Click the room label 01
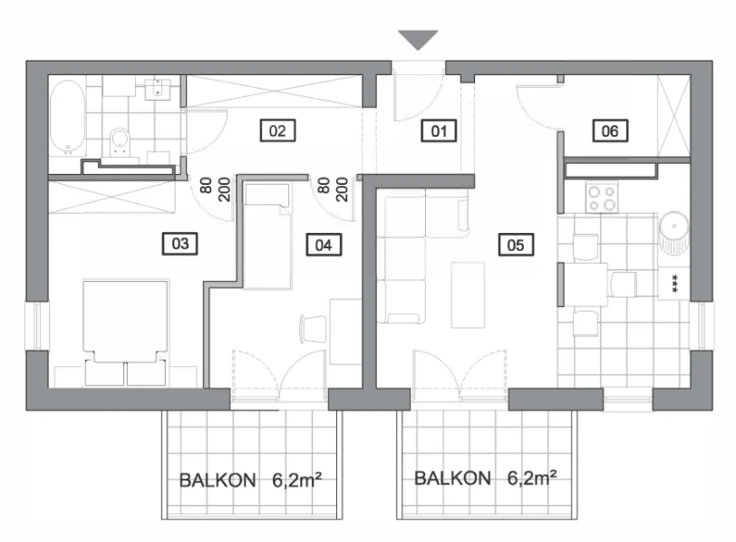pyautogui.click(x=439, y=131)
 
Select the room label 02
pyautogui.click(x=278, y=131)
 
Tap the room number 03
pyautogui.click(x=180, y=244)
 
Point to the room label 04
pyautogui.click(x=324, y=245)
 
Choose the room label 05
pyautogui.click(x=516, y=245)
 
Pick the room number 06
pyautogui.click(x=610, y=131)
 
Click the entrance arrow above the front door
pyautogui.click(x=418, y=39)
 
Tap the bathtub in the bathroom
pyautogui.click(x=68, y=118)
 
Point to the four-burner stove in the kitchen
pyautogui.click(x=602, y=198)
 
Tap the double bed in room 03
pyautogui.click(x=125, y=322)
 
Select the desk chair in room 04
pyautogui.click(x=313, y=328)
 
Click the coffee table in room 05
pyautogui.click(x=468, y=295)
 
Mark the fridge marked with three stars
pyautogui.click(x=674, y=284)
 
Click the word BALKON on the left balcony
pyautogui.click(x=218, y=480)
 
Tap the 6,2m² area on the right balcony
pyautogui.click(x=532, y=479)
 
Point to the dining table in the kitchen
pyautogui.click(x=586, y=285)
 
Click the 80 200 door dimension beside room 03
pyautogui.click(x=215, y=189)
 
